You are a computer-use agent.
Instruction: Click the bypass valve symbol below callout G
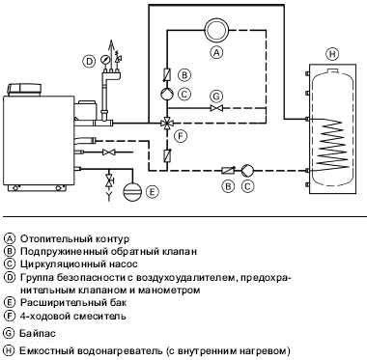(x=217, y=110)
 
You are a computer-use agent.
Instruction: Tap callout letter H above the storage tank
(x=333, y=53)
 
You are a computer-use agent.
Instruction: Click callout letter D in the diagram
(x=89, y=62)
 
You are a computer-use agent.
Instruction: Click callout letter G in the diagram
(x=217, y=96)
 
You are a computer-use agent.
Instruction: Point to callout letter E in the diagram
(x=153, y=194)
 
